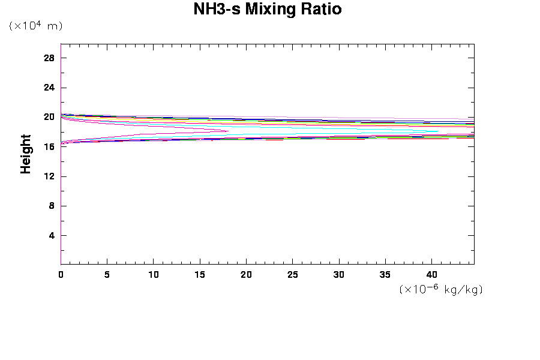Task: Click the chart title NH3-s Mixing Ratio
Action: coord(268,10)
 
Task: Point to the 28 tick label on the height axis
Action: coord(49,58)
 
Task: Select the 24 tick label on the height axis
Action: coord(49,88)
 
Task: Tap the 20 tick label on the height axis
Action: coord(49,117)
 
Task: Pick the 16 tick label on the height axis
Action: coord(49,146)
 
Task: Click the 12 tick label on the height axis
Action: coord(49,176)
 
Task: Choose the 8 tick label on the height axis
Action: coord(52,206)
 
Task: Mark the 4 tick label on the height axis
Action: coord(52,235)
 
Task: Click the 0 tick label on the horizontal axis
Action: coord(61,274)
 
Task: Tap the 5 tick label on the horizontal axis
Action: coord(107,274)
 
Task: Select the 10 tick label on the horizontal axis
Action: coord(153,274)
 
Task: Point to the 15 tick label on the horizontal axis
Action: coord(200,274)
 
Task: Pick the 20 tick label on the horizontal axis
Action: coord(246,274)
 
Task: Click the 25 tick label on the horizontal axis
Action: coord(293,274)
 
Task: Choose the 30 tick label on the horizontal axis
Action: coord(339,274)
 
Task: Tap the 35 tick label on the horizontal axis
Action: coord(386,274)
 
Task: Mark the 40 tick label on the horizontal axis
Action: coord(432,274)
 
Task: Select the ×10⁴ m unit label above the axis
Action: coord(35,26)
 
